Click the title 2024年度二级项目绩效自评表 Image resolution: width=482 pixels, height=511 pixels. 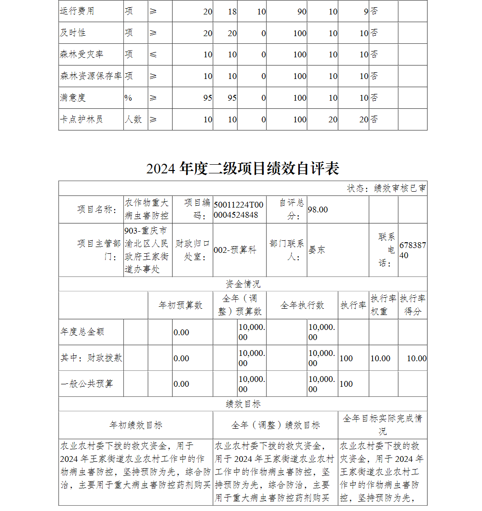(x=242, y=168)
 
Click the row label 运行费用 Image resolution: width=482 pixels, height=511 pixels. (x=77, y=11)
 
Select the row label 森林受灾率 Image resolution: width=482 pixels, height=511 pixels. (x=81, y=54)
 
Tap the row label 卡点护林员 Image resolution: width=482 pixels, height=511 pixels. (x=81, y=119)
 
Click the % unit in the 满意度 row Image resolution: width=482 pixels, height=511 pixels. (x=128, y=98)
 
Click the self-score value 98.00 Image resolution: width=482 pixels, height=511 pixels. (x=318, y=210)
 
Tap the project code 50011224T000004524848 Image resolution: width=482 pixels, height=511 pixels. (x=239, y=210)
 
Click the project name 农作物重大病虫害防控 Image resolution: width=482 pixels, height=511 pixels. (x=147, y=209)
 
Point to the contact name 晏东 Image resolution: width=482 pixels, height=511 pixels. (x=317, y=250)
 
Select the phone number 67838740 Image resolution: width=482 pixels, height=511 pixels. (x=413, y=250)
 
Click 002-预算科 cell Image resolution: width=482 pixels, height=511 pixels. (x=235, y=250)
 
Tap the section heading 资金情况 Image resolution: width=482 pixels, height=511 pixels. (x=243, y=284)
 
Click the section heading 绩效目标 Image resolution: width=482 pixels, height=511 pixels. (x=243, y=404)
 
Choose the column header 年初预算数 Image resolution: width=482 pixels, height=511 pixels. (x=181, y=305)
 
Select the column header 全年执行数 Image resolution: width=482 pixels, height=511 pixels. (x=302, y=305)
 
